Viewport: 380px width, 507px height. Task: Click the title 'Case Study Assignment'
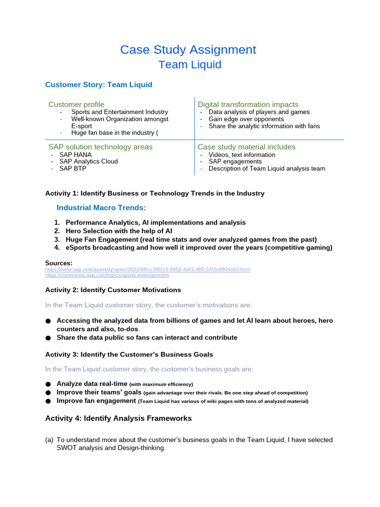coord(188,50)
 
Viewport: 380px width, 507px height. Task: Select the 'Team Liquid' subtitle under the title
coord(190,65)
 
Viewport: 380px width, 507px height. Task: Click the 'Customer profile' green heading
coord(76,104)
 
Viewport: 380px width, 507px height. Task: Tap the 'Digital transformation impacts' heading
coord(248,104)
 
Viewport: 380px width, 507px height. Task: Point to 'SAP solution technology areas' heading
coord(100,147)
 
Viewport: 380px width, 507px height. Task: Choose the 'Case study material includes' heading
coord(246,147)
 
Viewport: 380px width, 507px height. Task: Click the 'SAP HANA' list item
coord(75,154)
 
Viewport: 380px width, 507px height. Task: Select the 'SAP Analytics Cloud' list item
coord(89,161)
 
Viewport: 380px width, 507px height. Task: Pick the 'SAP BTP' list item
coord(73,168)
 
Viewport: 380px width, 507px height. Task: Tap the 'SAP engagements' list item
coord(235,161)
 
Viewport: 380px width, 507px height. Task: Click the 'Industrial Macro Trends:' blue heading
coord(101,207)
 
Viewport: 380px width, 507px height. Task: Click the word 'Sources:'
coord(59,263)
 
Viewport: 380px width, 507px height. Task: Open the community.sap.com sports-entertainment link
coord(107,275)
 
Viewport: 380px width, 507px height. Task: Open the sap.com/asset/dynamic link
coord(147,269)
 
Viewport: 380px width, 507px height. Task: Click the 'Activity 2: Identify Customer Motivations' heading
coord(113,290)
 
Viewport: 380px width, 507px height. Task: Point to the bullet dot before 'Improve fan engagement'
coord(48,401)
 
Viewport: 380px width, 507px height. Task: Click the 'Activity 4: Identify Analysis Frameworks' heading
coord(118,418)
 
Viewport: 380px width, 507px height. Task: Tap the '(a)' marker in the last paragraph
coord(49,440)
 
